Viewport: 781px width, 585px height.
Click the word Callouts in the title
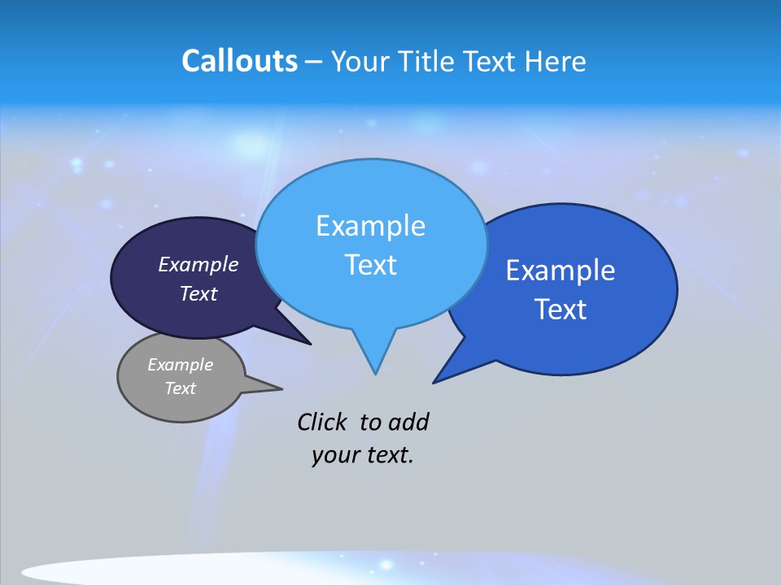tap(239, 61)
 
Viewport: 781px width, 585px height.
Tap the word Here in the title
tap(554, 61)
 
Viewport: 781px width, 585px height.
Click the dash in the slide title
tap(314, 63)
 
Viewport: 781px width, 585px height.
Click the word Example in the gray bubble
tap(180, 365)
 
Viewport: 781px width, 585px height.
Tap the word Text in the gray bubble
tap(180, 388)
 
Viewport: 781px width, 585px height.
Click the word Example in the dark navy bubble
tap(198, 264)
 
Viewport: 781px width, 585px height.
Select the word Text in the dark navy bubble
tap(198, 293)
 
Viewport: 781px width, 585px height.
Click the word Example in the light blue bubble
tap(370, 226)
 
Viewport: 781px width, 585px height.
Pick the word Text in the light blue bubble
tap(370, 265)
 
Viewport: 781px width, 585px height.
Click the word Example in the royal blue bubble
tap(561, 271)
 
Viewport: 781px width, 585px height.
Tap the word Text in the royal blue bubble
tap(561, 310)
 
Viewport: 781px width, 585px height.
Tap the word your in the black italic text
tap(334, 455)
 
